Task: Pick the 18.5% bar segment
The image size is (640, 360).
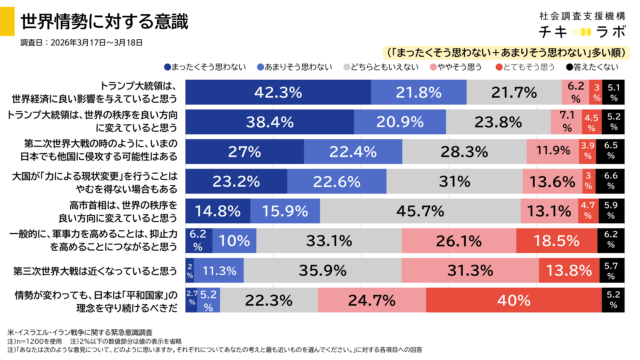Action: [x=555, y=241]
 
